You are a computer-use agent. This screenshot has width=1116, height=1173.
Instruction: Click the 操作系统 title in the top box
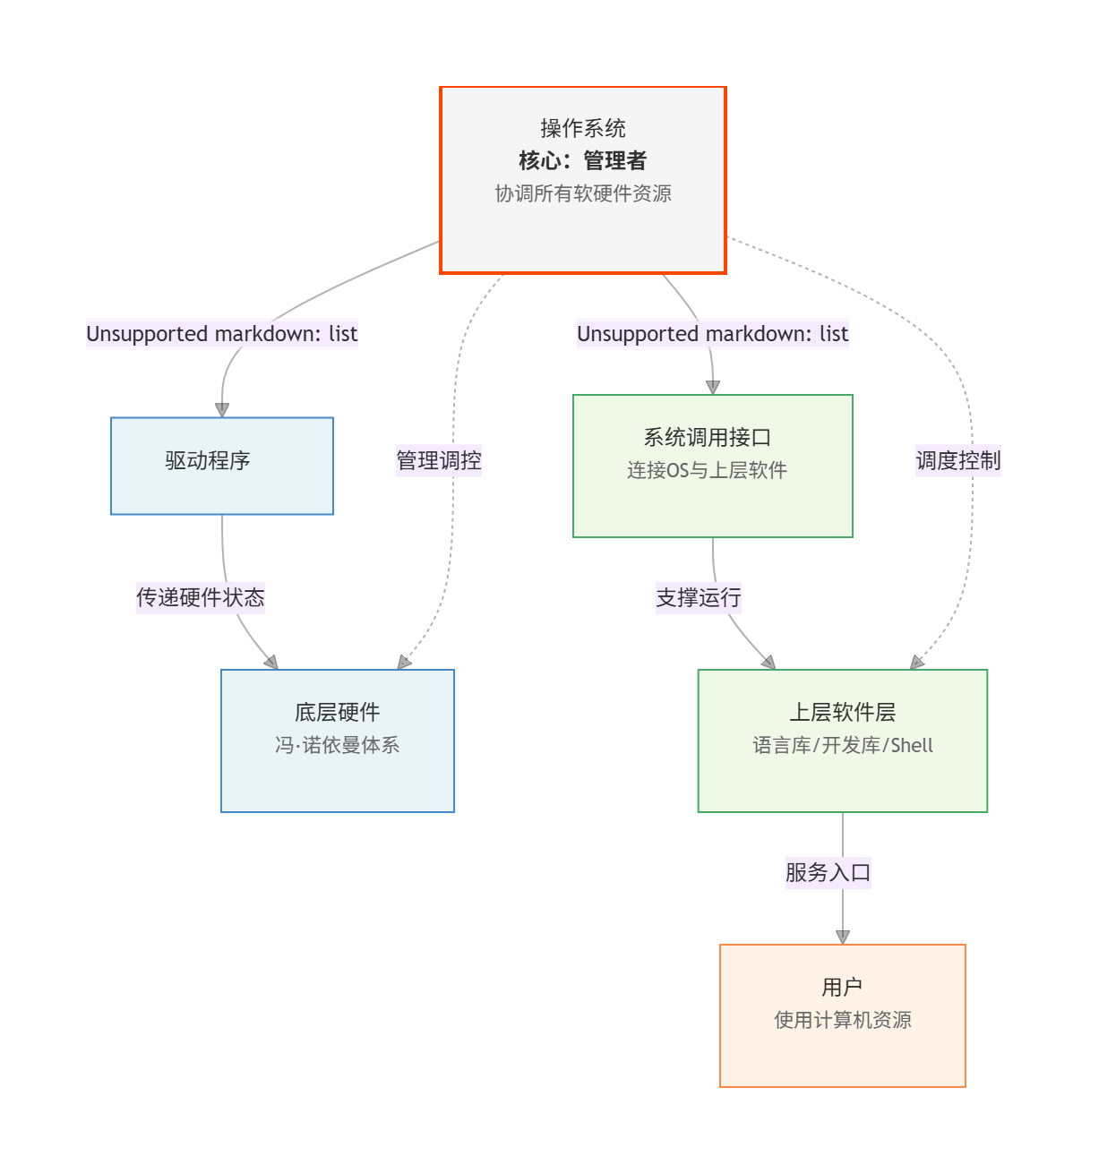(583, 128)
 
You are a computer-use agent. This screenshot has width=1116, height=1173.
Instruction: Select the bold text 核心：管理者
(583, 160)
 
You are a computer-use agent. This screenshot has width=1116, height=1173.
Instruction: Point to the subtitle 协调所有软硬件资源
(583, 193)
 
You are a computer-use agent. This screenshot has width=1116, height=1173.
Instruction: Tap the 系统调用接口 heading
(708, 437)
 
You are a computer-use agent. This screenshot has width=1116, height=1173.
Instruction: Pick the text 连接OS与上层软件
(708, 470)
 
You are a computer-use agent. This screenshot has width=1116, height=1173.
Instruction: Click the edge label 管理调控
(439, 460)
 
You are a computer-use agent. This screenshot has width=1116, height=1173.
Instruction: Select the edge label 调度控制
(958, 460)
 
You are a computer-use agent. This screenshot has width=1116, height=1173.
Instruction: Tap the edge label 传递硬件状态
(201, 597)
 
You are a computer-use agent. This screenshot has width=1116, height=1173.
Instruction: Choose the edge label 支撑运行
(699, 597)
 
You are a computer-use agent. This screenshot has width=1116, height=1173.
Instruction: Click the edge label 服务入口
(828, 872)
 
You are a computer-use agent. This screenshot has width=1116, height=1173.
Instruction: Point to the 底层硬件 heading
(338, 712)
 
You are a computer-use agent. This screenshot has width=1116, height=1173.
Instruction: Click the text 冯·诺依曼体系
(338, 745)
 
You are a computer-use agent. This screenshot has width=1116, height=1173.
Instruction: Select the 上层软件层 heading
(843, 712)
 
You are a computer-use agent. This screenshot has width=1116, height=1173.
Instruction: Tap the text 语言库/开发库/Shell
(843, 745)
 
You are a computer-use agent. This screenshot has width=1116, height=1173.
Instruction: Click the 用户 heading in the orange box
(843, 987)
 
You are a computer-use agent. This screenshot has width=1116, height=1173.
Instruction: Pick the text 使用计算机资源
(843, 1020)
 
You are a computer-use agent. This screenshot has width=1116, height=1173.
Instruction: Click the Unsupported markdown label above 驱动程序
(222, 334)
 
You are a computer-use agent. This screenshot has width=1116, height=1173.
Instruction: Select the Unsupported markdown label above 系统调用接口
(713, 334)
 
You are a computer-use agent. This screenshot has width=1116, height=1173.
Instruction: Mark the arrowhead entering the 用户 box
(843, 937)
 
